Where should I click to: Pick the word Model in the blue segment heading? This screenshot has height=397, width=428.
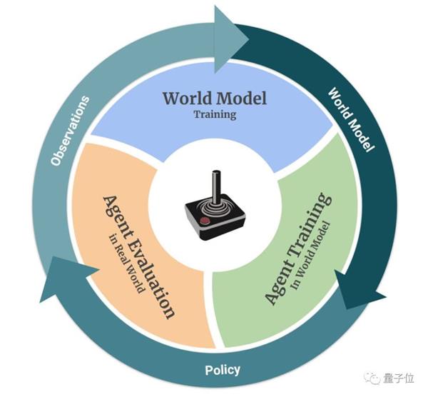point(242,98)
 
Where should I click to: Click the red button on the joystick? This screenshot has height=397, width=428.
point(205,221)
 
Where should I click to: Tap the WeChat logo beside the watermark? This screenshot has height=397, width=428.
point(372,379)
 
